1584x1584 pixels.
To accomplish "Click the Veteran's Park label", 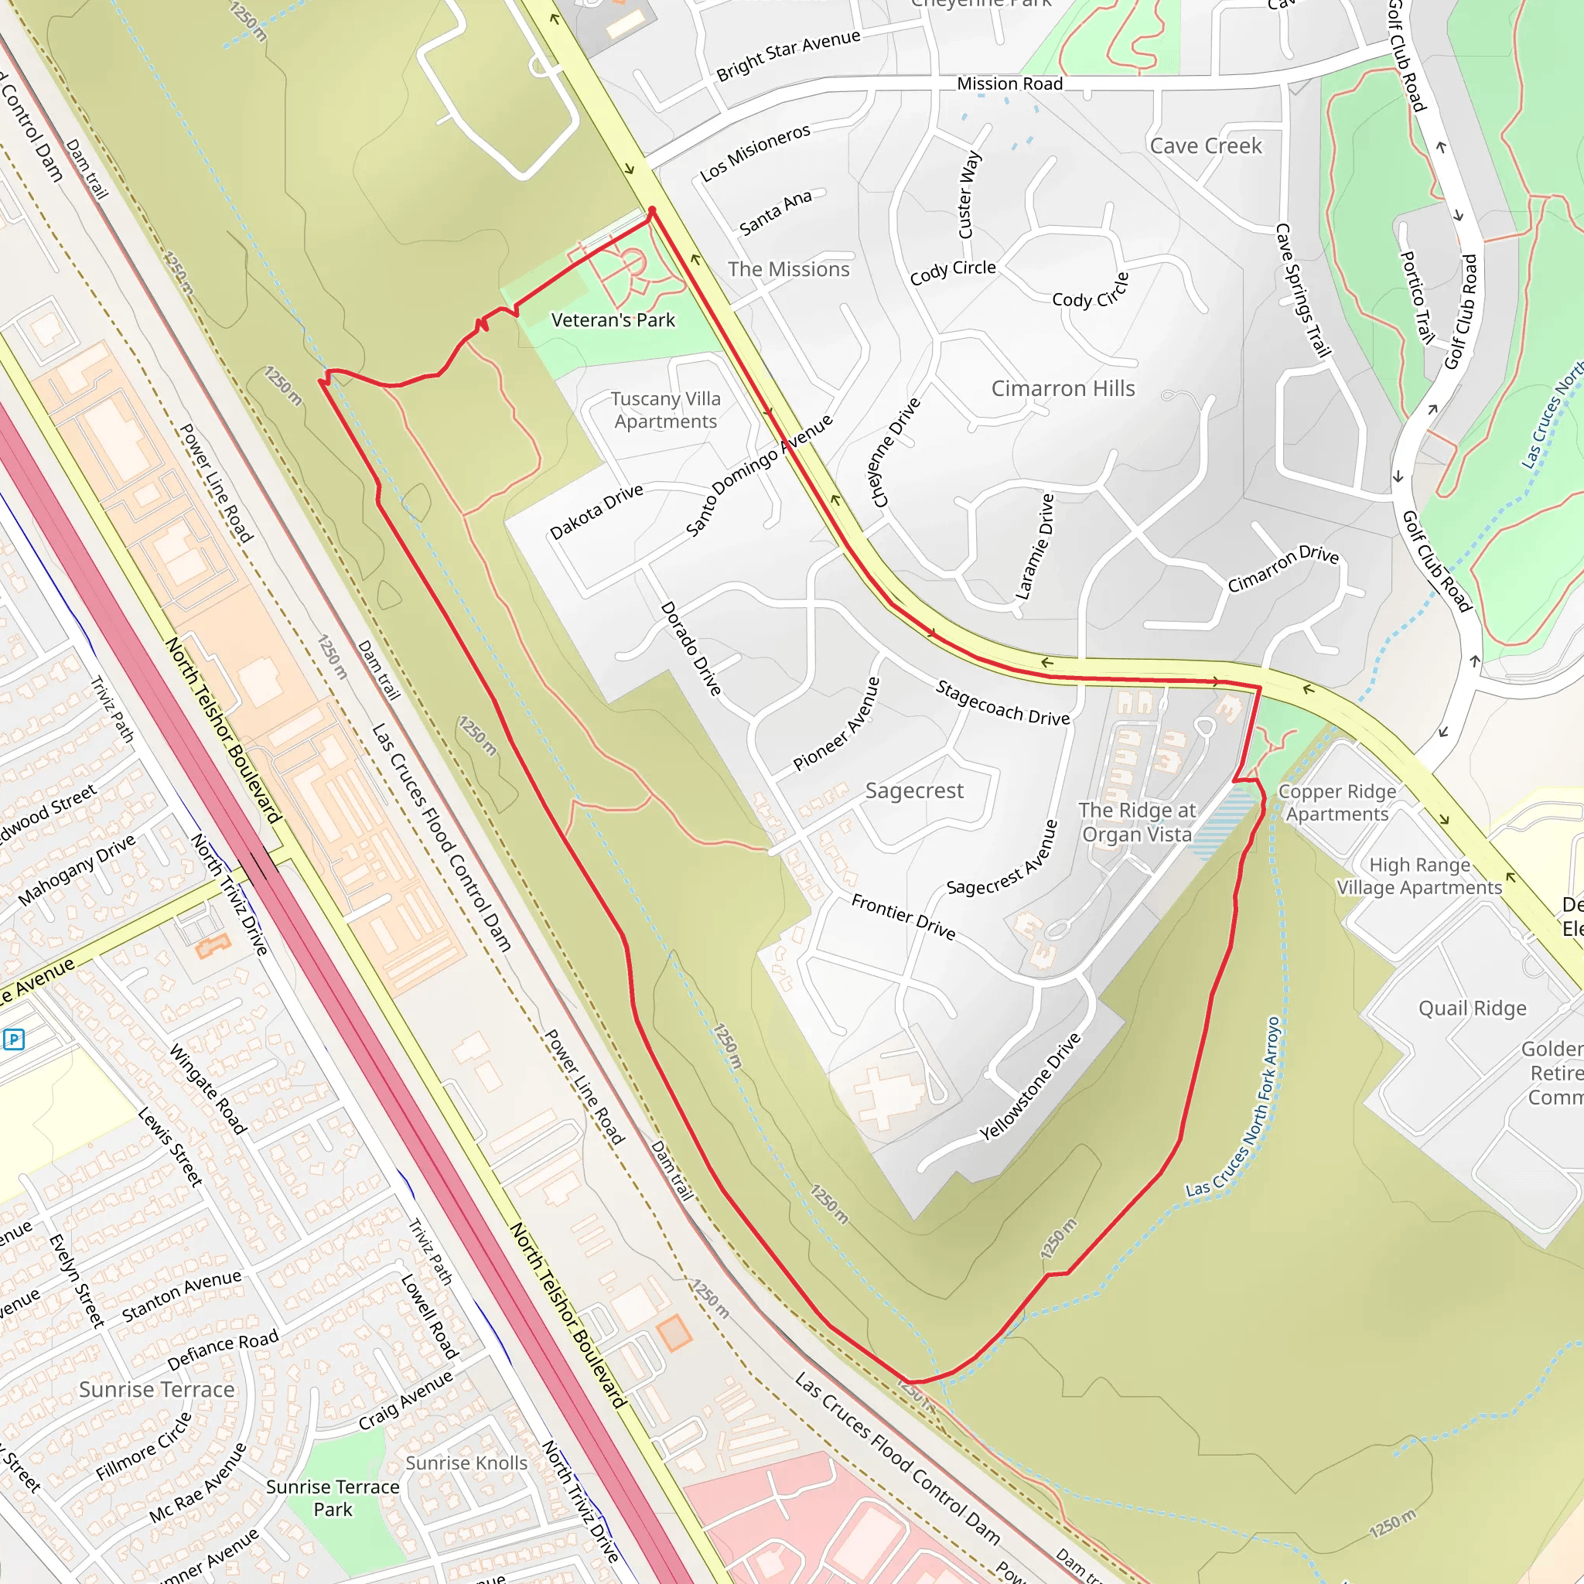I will click(613, 319).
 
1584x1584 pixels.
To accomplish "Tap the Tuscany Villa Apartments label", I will click(665, 410).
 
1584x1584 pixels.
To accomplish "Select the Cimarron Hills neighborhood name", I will click(1063, 388).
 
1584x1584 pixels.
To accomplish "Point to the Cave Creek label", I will click(1205, 146).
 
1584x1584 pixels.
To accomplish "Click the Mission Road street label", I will click(1009, 84).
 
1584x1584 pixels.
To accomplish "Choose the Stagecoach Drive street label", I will click(1002, 702).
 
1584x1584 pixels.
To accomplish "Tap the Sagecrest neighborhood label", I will click(914, 790).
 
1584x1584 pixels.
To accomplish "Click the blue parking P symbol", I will click(14, 1039).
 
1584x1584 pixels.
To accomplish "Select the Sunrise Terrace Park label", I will click(333, 1498).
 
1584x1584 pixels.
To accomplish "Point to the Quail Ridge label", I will click(1473, 1008).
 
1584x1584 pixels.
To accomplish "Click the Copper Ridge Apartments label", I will click(1336, 803).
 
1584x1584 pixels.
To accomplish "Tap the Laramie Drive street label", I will click(1035, 547).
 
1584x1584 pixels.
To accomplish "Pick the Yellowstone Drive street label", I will click(1030, 1087).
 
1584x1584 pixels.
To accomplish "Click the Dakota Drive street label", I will click(596, 511).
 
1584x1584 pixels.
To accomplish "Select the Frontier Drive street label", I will click(903, 917).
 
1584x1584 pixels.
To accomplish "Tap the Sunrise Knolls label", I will click(466, 1463).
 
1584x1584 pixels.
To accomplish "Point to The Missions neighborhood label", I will click(789, 269).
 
